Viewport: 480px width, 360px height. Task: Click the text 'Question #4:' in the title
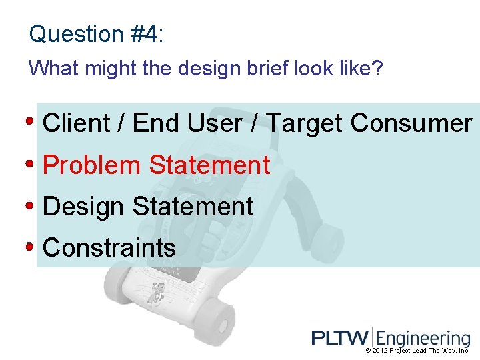pyautogui.click(x=96, y=34)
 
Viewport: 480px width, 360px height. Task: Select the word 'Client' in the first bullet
pyautogui.click(x=75, y=123)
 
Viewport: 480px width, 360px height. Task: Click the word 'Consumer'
pyautogui.click(x=411, y=123)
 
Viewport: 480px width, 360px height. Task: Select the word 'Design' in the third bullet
pyautogui.click(x=84, y=207)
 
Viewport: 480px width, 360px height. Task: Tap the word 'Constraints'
pyautogui.click(x=109, y=248)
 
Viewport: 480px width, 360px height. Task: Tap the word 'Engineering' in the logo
pyautogui.click(x=424, y=339)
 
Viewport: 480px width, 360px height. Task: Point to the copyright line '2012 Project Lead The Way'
pyautogui.click(x=418, y=351)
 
